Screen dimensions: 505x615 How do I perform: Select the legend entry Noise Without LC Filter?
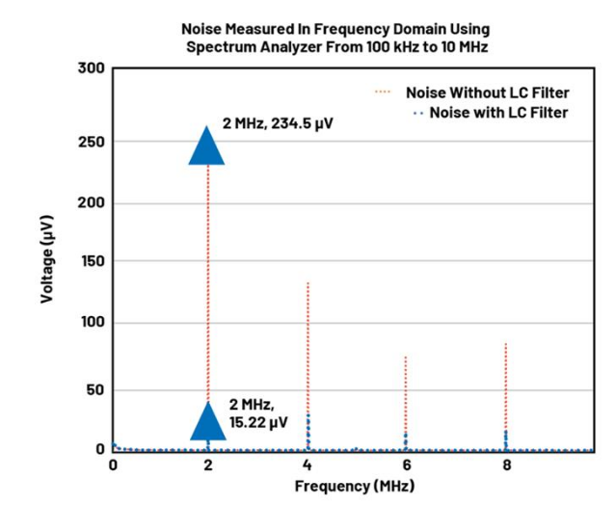[487, 93]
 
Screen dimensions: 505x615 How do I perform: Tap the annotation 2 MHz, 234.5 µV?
[278, 124]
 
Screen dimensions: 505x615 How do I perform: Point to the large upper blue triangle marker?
[207, 145]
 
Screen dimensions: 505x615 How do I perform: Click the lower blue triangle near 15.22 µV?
[207, 420]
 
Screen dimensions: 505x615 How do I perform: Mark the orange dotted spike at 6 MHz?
[406, 400]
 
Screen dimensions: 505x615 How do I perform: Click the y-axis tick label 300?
[90, 68]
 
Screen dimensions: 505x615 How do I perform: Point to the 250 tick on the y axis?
[90, 142]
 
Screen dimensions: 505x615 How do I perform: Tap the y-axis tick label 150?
[90, 261]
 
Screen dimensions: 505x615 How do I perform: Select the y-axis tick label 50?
[94, 389]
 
